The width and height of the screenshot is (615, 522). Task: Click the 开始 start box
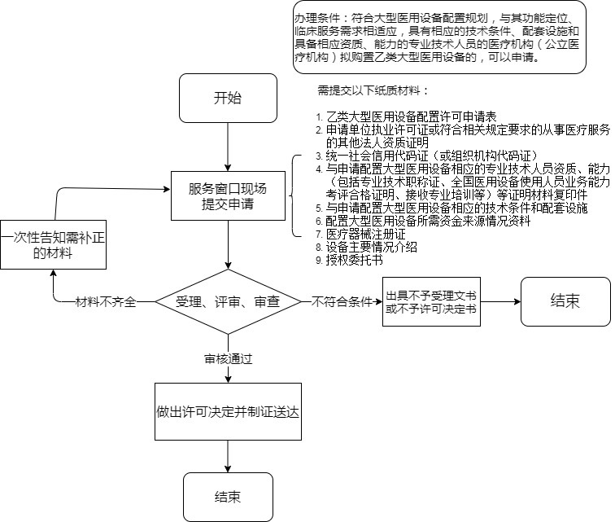[228, 99]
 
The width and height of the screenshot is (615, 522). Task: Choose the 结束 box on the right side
[565, 301]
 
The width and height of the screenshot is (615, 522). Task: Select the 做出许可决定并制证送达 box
[228, 411]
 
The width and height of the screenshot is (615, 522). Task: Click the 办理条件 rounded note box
[439, 37]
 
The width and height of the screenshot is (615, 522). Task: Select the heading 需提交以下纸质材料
[373, 90]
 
